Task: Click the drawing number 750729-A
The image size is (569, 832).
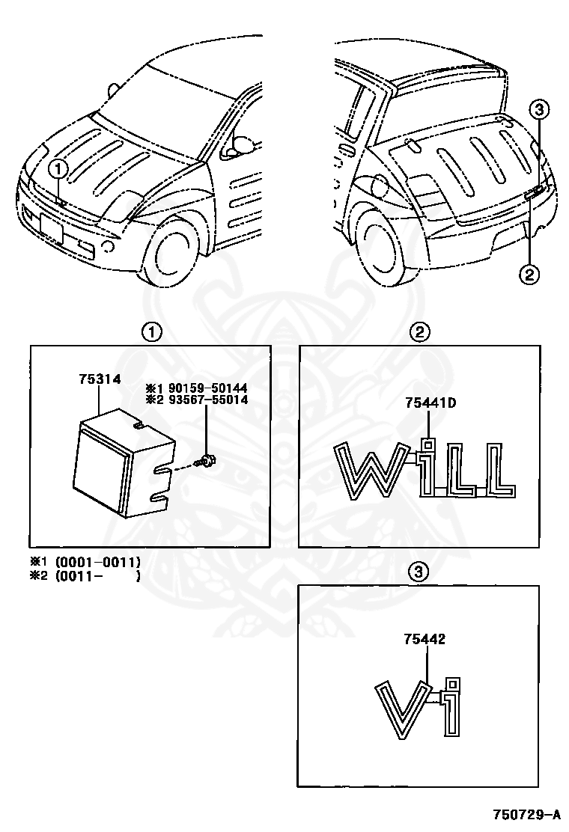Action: (525, 813)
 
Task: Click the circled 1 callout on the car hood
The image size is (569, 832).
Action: (61, 169)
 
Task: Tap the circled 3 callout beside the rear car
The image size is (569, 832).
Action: (540, 110)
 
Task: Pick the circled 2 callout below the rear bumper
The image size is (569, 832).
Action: (529, 274)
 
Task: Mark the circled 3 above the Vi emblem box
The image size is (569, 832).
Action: (419, 572)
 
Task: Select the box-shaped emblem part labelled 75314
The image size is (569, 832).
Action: (120, 468)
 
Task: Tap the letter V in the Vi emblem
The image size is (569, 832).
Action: (402, 708)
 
